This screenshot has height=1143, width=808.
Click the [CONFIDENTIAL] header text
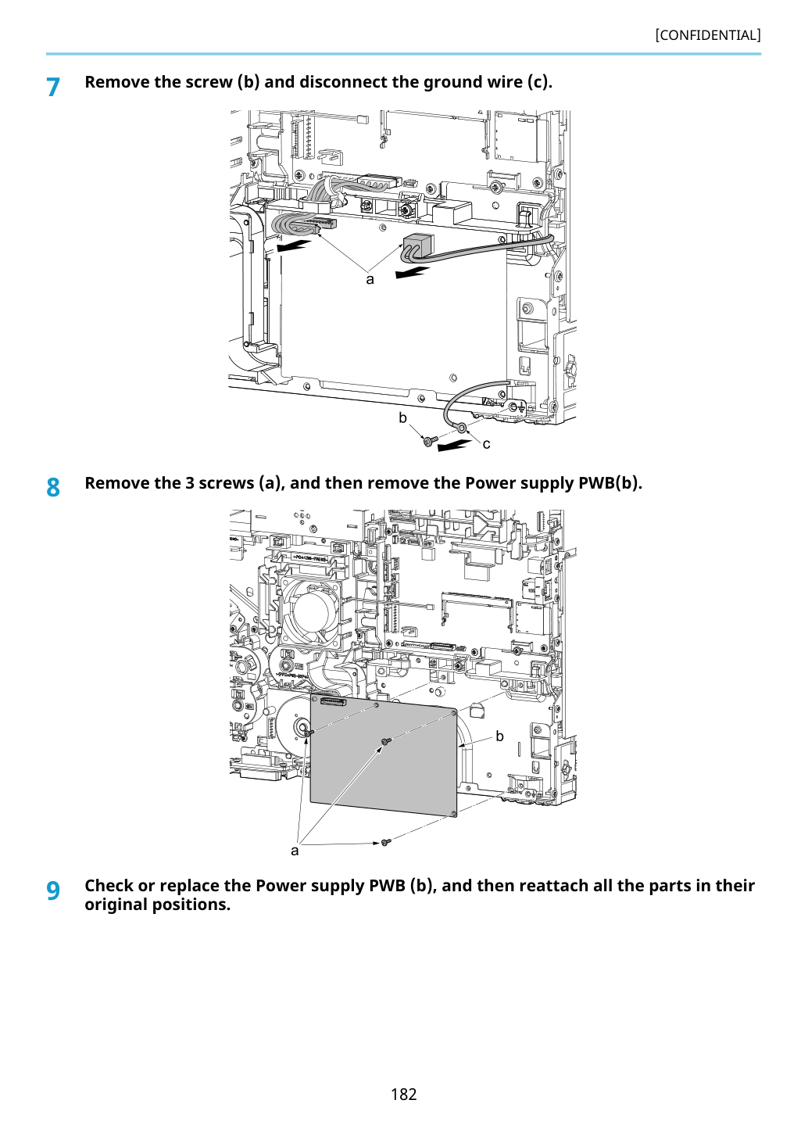[x=707, y=35]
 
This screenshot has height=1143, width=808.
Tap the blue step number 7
[x=53, y=87]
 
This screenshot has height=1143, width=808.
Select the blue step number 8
[x=53, y=487]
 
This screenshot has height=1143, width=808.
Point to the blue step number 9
[x=53, y=891]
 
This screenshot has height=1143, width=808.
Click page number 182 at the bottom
[x=403, y=1094]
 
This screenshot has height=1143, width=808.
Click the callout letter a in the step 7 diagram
[x=370, y=280]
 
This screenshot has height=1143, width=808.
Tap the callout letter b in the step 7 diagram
[x=402, y=417]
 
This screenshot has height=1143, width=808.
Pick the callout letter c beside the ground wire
[x=486, y=444]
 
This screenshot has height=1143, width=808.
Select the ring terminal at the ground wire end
[x=462, y=427]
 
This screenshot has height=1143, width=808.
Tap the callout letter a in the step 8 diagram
[x=295, y=851]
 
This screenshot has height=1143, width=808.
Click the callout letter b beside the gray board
[x=499, y=736]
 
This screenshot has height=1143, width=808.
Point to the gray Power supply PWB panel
[x=383, y=754]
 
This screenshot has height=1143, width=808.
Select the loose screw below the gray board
[x=386, y=842]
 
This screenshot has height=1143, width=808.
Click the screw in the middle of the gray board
[x=387, y=741]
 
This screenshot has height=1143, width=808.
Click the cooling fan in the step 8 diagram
[x=310, y=607]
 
